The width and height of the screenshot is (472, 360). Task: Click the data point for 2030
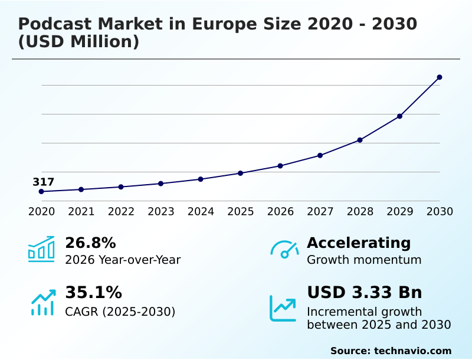coord(440,77)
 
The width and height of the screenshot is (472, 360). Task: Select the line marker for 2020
coord(41,192)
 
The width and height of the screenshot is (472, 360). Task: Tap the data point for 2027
coord(320,156)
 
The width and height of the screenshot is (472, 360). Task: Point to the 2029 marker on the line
coord(399,116)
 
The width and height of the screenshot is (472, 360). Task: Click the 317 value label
coord(43,182)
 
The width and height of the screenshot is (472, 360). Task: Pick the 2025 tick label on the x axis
coord(241,211)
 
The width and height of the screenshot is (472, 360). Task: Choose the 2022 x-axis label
coord(121,211)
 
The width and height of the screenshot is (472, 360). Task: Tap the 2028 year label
coord(360,211)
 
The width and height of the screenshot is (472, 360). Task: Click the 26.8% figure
coord(90,243)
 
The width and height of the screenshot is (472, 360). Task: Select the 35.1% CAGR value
coord(93,293)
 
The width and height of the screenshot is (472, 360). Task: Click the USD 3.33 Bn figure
coord(365,293)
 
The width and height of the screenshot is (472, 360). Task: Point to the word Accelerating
coord(359,243)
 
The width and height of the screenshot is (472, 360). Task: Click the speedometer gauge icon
coord(284,250)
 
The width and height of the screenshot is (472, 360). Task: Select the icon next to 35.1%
coord(43,302)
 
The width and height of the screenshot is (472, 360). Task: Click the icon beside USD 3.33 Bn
coord(283,308)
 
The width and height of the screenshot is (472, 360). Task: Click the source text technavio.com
coord(412,351)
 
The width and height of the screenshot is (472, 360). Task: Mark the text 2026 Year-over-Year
coord(123,260)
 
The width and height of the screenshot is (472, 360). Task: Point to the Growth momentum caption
coord(364,260)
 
